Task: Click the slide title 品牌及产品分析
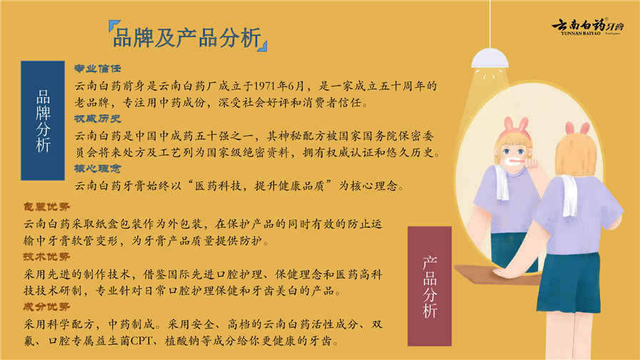(187, 38)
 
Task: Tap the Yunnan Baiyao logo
(588, 26)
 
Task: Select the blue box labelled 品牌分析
(43, 121)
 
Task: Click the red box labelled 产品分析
(429, 286)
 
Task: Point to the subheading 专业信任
(98, 69)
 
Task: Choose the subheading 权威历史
(98, 119)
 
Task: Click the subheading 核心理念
(98, 169)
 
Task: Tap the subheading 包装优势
(46, 207)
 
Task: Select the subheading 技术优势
(46, 256)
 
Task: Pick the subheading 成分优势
(46, 307)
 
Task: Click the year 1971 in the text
(265, 86)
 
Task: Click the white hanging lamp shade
(490, 58)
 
